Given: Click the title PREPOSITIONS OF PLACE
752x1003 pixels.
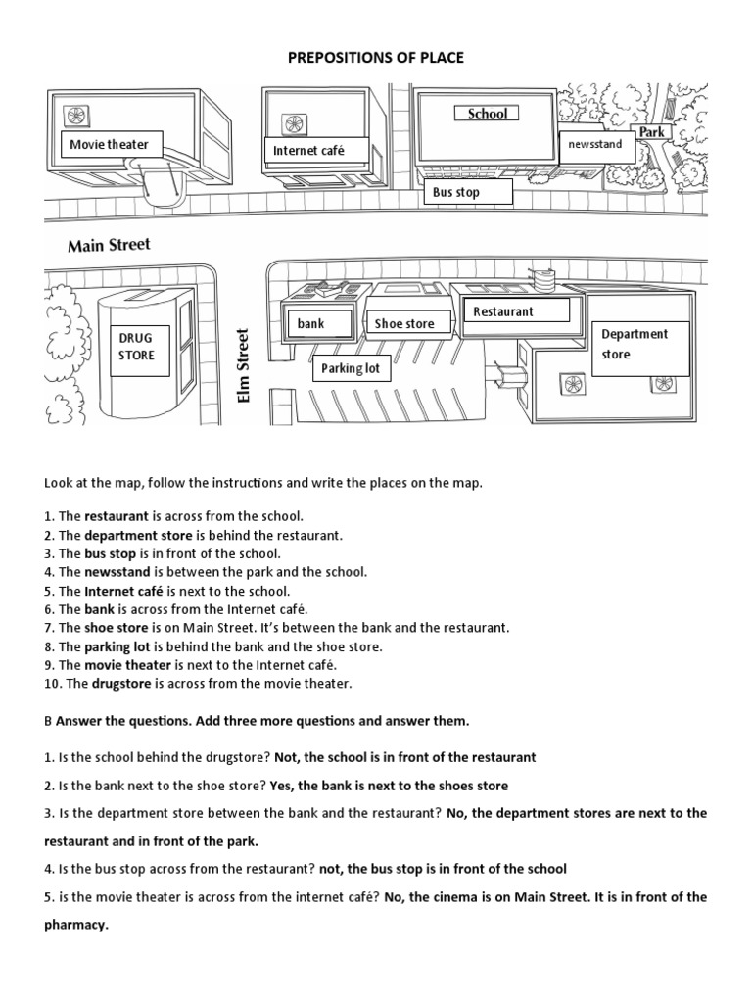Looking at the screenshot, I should tap(376, 59).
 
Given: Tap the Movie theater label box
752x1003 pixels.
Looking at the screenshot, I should tap(110, 145).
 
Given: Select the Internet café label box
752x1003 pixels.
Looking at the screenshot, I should tap(307, 151).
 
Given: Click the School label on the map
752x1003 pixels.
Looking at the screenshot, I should tap(487, 114).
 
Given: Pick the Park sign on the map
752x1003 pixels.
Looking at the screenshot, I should tap(651, 132).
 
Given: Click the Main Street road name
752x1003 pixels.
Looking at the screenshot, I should tap(109, 245).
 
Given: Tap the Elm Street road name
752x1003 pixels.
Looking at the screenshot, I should tap(245, 364).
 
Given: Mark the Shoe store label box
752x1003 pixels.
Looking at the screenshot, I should tap(403, 323).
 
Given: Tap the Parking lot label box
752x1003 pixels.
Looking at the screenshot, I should tap(351, 370).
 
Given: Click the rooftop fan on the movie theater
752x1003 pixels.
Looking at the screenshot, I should tap(73, 110).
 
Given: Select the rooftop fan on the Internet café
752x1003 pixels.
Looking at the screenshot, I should tap(293, 123).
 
